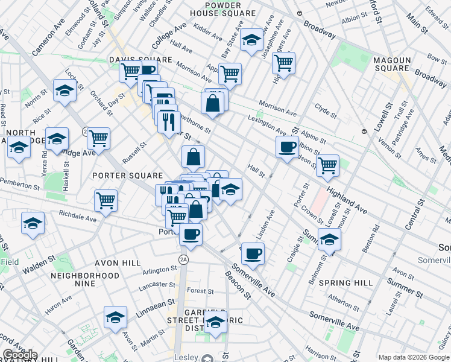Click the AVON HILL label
point(117,263)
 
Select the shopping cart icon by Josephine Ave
point(283,62)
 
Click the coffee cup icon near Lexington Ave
point(287,146)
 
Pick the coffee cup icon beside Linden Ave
point(253,253)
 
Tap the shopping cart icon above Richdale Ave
point(106,200)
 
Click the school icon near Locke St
point(65,91)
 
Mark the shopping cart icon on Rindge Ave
point(98,138)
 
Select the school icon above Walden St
point(33,223)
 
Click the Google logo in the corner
point(20,355)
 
